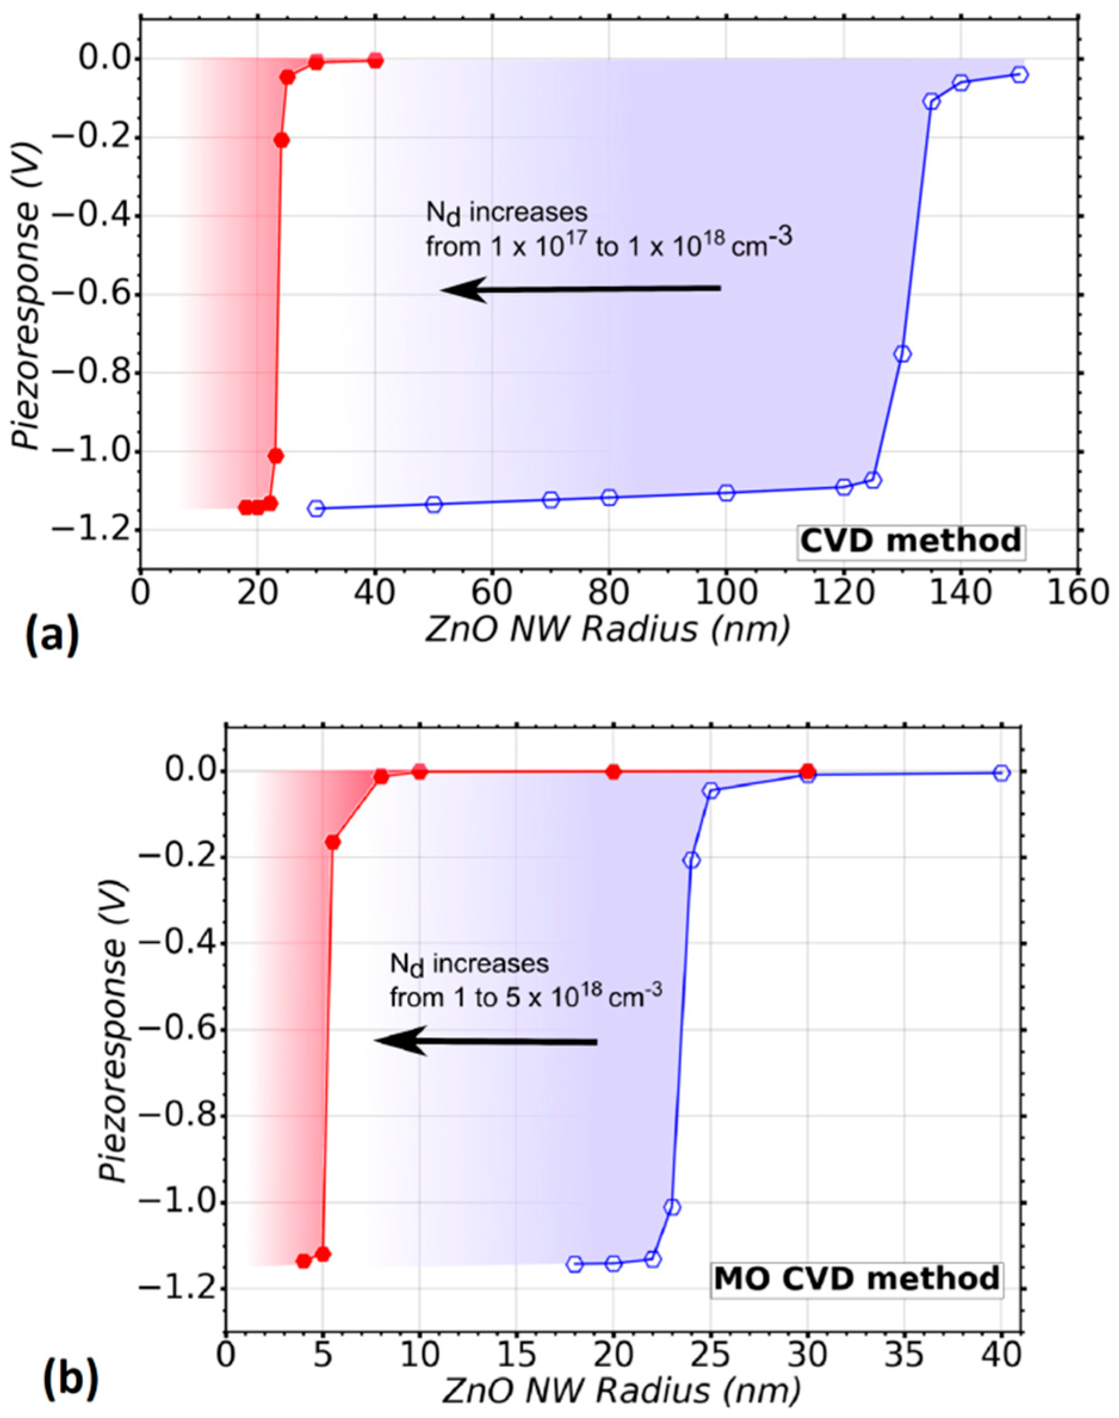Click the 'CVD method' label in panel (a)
coord(912,542)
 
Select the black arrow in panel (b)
coord(485,1041)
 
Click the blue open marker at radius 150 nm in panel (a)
coord(1019,75)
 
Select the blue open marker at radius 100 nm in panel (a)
coord(726,492)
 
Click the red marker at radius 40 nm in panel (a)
coord(375,60)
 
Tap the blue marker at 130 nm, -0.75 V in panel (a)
coord(902,353)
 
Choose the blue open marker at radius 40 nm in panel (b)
coord(1001,773)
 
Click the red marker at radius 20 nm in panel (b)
coord(613,771)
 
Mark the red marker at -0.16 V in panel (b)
coord(332,842)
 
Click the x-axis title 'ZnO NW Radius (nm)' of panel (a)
coord(606,631)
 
